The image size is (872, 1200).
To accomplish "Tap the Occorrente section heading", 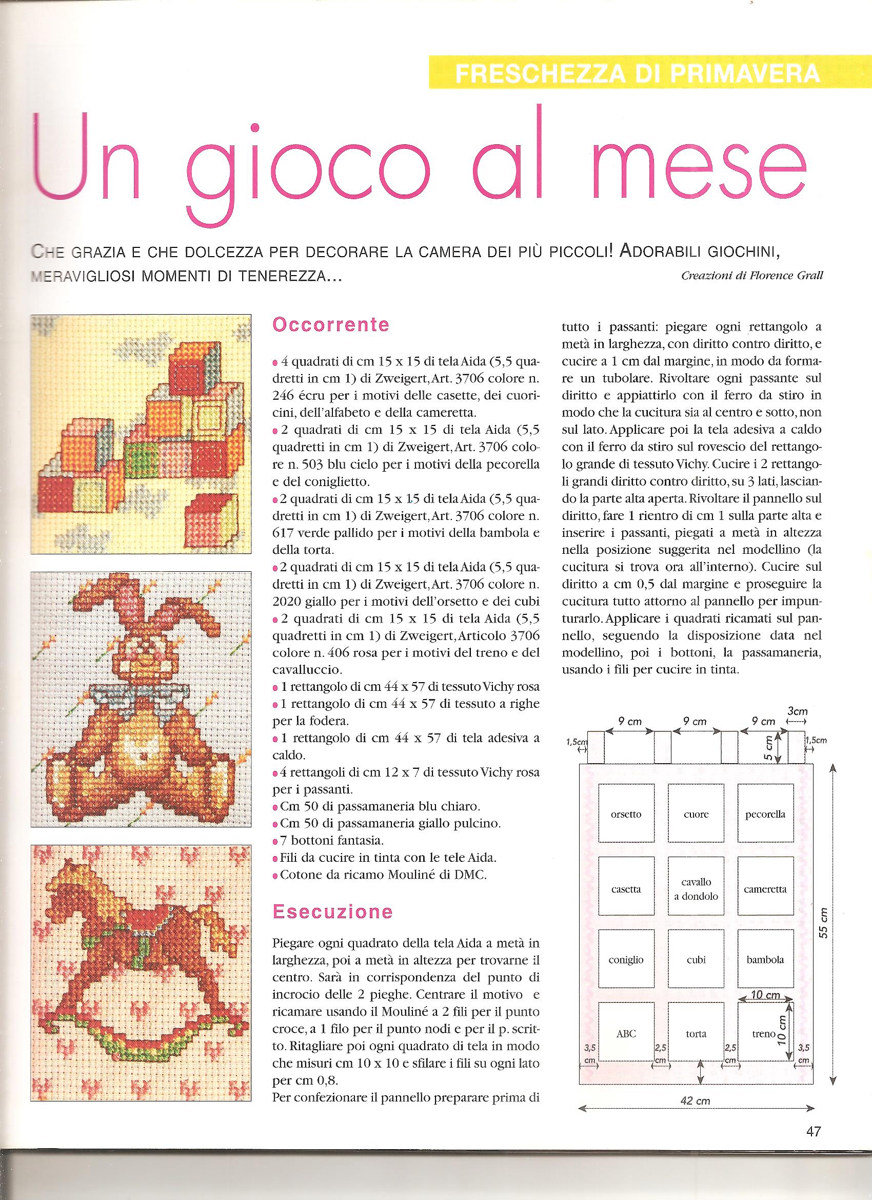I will pyautogui.click(x=330, y=324).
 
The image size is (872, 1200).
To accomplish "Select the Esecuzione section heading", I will pyautogui.click(x=332, y=911).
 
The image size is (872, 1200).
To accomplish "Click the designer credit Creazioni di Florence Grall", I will pyautogui.click(x=752, y=276).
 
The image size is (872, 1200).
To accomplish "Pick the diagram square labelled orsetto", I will pyautogui.click(x=626, y=814).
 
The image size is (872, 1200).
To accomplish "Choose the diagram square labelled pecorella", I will pyautogui.click(x=765, y=814).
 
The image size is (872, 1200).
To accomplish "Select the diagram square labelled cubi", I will pyautogui.click(x=696, y=960).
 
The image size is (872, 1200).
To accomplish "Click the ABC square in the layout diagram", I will pyautogui.click(x=626, y=1033).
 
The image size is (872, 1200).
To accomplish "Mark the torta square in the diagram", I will pyautogui.click(x=696, y=1033).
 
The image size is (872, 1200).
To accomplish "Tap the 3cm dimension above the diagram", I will pyautogui.click(x=797, y=712).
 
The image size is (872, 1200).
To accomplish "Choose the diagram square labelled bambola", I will pyautogui.click(x=765, y=960).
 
